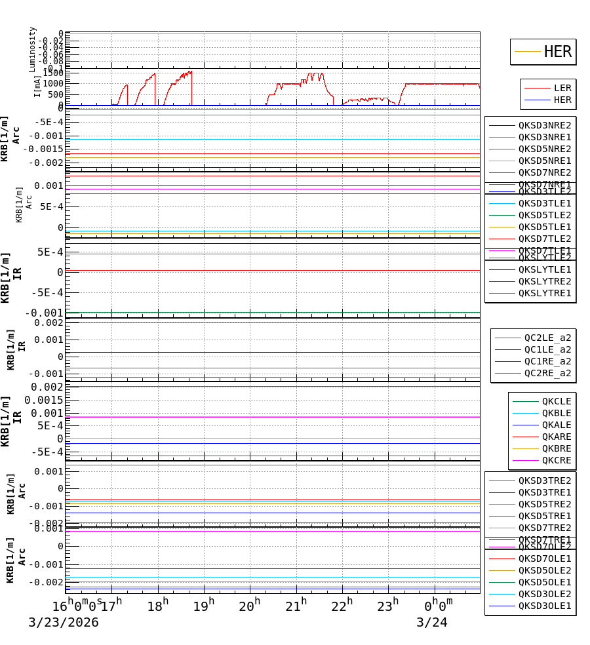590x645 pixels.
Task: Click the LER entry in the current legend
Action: click(562, 88)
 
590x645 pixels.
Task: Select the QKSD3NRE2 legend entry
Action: click(544, 125)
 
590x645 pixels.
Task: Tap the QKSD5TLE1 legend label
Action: click(544, 227)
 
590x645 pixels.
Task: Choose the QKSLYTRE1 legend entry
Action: click(544, 293)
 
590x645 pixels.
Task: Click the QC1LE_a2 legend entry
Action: click(547, 349)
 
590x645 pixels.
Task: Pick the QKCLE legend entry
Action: click(556, 401)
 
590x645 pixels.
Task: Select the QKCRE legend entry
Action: click(556, 460)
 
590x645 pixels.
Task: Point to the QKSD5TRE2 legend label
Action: click(544, 504)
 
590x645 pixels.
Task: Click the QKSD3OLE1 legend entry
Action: click(544, 606)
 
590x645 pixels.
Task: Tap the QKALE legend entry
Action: click(556, 425)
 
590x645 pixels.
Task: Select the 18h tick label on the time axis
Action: click(158, 605)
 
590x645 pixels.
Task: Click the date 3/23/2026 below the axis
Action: click(64, 623)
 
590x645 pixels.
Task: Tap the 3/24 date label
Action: click(431, 623)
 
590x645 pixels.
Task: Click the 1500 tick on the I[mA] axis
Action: click(52, 73)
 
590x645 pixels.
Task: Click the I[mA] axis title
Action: click(37, 86)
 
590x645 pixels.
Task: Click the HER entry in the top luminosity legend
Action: click(557, 52)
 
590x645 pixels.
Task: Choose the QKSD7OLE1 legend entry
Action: click(544, 558)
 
